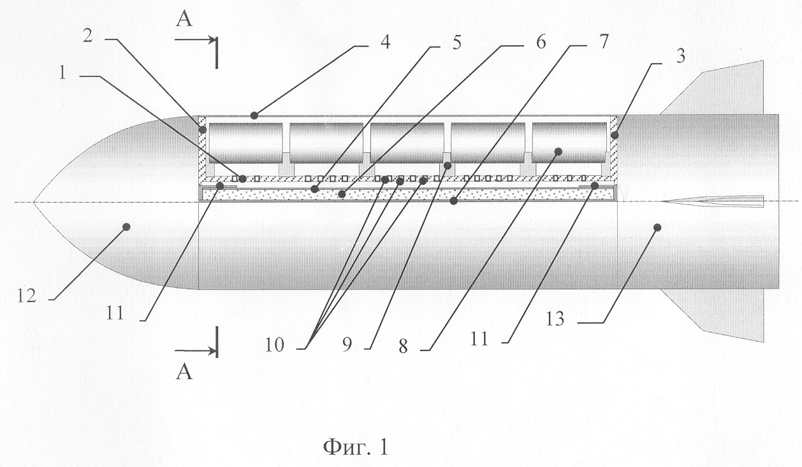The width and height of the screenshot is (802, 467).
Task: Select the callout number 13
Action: [555, 319]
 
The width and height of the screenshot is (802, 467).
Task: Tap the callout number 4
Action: [385, 42]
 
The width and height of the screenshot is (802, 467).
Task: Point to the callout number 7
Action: [604, 42]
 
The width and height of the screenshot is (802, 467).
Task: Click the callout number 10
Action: [275, 345]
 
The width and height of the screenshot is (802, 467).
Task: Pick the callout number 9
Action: [347, 345]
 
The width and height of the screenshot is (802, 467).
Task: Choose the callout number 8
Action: [403, 347]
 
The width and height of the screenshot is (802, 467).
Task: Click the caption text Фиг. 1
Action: [356, 447]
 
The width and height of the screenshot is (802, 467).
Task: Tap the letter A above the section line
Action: [184, 20]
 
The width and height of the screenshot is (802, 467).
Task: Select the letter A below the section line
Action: [184, 372]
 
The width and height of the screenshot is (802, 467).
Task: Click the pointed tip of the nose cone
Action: [34, 202]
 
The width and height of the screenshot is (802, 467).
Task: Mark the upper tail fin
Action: [713, 89]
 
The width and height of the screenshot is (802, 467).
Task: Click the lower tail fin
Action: [713, 314]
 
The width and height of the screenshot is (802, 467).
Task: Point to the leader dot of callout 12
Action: [126, 227]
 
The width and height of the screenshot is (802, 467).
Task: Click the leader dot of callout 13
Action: [657, 227]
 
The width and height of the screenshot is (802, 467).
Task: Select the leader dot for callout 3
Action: [615, 136]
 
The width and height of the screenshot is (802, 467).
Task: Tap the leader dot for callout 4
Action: [254, 115]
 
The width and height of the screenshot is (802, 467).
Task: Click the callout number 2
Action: [88, 36]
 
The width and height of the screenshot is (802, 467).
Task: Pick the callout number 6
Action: [541, 42]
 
